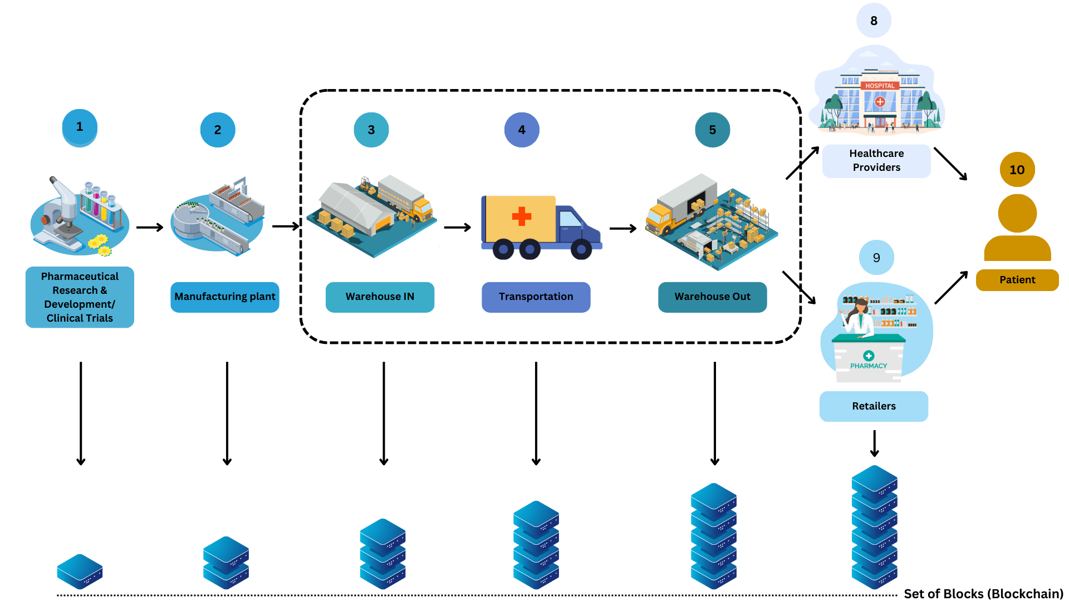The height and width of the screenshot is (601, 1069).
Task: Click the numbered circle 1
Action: (x=80, y=127)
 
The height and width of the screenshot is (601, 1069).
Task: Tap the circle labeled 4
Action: (x=522, y=130)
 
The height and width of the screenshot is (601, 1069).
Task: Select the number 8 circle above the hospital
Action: (x=874, y=21)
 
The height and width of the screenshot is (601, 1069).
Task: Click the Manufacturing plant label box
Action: (x=224, y=297)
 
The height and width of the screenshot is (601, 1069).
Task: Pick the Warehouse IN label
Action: (x=380, y=297)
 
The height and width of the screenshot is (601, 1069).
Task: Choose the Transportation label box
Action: (x=536, y=297)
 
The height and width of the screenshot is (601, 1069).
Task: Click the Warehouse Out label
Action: (x=712, y=297)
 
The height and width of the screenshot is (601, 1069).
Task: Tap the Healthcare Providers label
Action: (x=876, y=160)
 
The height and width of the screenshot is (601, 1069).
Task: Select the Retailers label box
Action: (x=874, y=406)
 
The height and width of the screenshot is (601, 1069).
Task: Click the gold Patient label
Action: (x=1017, y=280)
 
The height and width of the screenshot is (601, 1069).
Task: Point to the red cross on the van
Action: (x=522, y=216)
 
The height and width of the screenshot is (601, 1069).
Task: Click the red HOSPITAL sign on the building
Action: (x=880, y=86)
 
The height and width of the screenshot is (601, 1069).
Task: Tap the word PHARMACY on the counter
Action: (x=869, y=366)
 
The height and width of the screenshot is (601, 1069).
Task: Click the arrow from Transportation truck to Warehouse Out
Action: (x=623, y=228)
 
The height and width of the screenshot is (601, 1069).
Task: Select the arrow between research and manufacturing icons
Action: (x=149, y=227)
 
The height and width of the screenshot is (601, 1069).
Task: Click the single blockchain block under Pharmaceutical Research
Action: (x=80, y=571)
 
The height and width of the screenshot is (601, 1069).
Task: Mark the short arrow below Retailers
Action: (x=874, y=444)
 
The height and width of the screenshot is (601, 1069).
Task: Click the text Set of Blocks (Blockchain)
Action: (x=983, y=593)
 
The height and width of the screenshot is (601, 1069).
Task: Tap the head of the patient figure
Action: (x=1017, y=213)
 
